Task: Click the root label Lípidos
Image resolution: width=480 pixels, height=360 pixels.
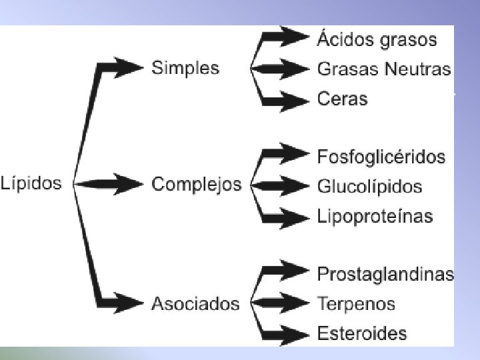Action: [31, 183]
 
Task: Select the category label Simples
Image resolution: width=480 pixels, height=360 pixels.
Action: [185, 68]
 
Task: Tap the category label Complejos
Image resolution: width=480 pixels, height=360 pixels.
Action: [197, 184]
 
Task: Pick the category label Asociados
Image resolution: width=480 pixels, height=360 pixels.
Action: [195, 304]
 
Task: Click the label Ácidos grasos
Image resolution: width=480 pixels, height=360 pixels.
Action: [377, 39]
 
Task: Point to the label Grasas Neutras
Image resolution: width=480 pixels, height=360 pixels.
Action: [384, 69]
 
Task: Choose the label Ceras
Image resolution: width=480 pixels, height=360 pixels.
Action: [342, 99]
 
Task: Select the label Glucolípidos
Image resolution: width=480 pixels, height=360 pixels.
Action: [370, 186]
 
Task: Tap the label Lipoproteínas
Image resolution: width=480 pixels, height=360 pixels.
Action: [375, 216]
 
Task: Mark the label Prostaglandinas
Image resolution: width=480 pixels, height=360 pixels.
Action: [385, 273]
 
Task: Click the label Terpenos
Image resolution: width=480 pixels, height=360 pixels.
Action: [356, 304]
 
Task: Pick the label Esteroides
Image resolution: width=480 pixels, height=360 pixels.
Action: [362, 333]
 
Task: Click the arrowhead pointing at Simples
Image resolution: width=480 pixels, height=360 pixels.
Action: [131, 67]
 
